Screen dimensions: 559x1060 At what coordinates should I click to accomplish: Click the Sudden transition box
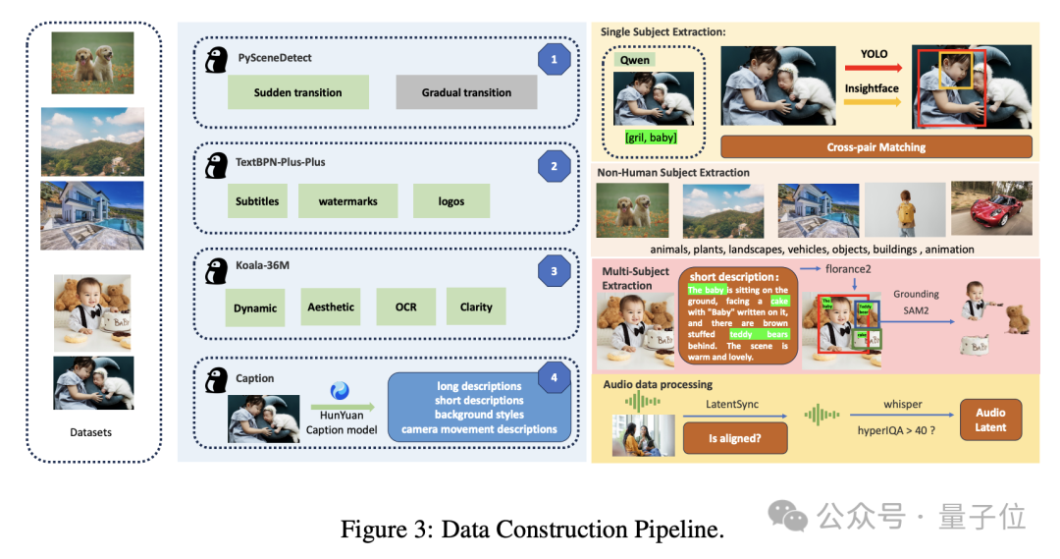pos(297,92)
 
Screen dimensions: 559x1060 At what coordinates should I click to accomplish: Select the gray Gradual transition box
pos(466,92)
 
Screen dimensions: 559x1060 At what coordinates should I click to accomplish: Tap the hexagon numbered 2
pos(554,166)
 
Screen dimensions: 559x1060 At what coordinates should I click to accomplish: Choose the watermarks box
pos(347,201)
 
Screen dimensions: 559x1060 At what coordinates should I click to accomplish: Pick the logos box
pos(451,201)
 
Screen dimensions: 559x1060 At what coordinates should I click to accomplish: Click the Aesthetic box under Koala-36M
pos(331,307)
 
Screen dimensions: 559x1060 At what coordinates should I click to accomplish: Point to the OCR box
pos(406,307)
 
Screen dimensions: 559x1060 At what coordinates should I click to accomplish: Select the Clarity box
pos(476,307)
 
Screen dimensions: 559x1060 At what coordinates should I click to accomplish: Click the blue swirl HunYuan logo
pos(340,391)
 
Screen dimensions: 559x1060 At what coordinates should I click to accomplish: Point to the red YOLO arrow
pos(872,69)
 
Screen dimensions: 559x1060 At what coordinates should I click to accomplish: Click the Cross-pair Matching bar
pos(875,147)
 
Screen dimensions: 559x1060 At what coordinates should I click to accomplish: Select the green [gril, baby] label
pos(650,139)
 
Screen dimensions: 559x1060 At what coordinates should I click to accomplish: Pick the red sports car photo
pos(991,208)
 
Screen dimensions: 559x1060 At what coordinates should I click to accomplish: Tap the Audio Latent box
pos(991,419)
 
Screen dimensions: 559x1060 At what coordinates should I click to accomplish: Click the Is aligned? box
pos(735,437)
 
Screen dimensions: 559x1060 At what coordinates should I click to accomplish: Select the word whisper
pos(902,404)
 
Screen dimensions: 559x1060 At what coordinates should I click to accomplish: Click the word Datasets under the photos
pos(90,432)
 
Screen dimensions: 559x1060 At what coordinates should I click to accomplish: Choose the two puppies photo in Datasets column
pos(92,63)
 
